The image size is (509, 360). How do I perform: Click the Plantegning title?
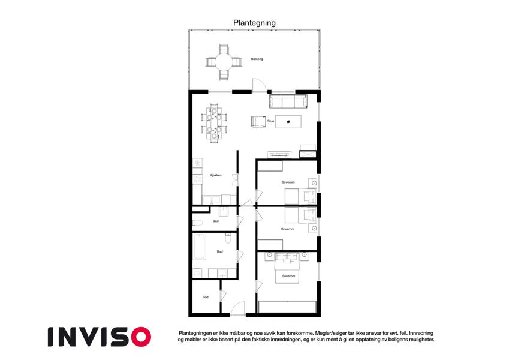click(254, 23)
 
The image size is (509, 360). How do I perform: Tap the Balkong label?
click(257, 59)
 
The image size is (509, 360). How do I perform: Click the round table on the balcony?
click(224, 62)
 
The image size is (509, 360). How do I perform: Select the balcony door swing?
click(260, 85)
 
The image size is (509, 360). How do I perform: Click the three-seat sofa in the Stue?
click(288, 101)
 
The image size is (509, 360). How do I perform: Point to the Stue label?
click(271, 121)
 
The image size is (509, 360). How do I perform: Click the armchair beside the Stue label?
click(258, 122)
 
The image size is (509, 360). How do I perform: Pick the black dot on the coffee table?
click(288, 122)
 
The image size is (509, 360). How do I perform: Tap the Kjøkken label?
click(216, 175)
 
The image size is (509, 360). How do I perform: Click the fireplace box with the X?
click(308, 154)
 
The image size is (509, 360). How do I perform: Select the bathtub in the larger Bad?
click(199, 247)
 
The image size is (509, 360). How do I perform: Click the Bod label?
click(206, 297)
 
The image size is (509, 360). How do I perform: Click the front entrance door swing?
click(238, 308)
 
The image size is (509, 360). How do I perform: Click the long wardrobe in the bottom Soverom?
click(287, 307)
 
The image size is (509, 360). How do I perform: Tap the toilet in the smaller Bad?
click(198, 223)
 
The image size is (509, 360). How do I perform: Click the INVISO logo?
click(100, 337)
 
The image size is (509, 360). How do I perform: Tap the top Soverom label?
click(288, 182)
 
